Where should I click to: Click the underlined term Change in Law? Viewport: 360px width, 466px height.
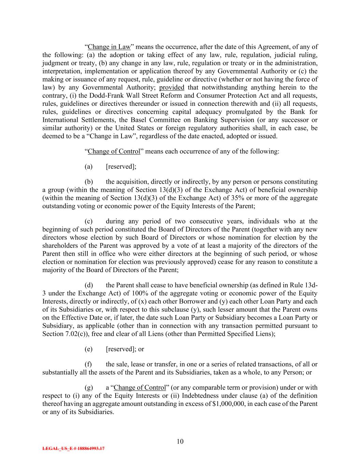pos(109,47)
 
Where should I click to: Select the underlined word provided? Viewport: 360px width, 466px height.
pos(172,88)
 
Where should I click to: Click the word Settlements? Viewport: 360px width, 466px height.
pos(99,120)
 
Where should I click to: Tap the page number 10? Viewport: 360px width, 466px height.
pos(180,441)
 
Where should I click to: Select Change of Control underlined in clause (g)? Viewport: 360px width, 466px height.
pos(140,387)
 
